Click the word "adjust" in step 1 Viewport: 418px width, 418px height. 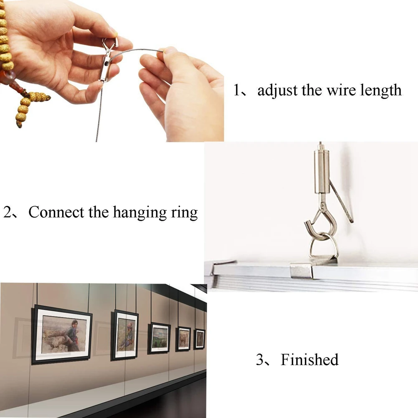pos(278,90)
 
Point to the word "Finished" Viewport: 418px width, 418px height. pos(309,360)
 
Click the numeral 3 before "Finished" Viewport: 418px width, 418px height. pos(260,360)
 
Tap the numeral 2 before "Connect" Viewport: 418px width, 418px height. pos(8,213)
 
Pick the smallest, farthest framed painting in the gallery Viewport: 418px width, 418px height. pos(200,339)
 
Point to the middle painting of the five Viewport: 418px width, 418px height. pos(159,337)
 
